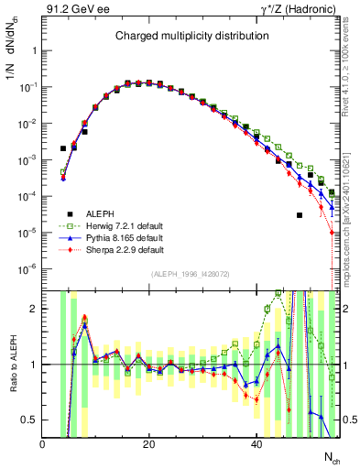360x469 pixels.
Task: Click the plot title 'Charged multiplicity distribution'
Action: (191, 37)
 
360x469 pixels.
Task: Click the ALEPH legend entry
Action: (101, 212)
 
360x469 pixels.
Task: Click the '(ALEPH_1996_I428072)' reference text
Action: (191, 275)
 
